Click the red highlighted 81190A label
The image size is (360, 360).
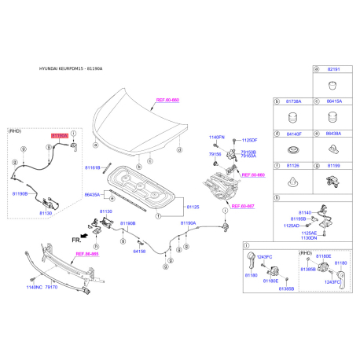[x=60, y=136]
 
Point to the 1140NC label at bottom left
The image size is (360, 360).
[x=33, y=288]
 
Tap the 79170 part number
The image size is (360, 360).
[x=52, y=288]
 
